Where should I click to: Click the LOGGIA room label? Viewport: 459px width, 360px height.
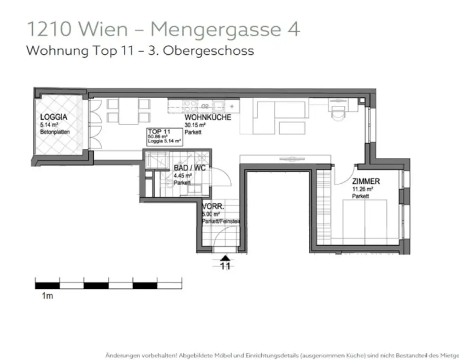coord(54,117)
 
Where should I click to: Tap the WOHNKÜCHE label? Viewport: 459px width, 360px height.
coord(208,117)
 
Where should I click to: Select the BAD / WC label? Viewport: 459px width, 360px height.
coord(189,169)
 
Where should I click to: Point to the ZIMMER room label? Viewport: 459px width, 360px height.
coord(366,182)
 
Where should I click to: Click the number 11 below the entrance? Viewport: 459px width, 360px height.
coord(225,266)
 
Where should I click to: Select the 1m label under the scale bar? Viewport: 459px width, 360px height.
coord(47,296)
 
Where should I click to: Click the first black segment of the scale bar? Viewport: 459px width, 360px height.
coord(48,284)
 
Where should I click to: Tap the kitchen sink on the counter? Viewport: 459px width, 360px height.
coord(219,106)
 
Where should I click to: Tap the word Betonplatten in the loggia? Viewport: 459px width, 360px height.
coord(55,132)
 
